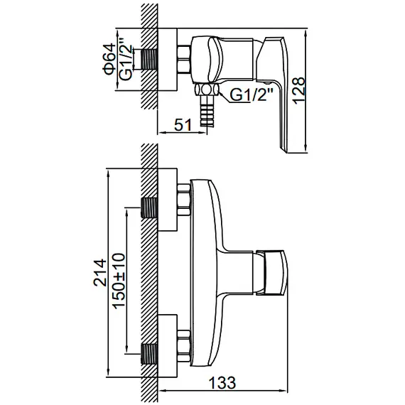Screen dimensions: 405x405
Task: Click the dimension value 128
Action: tap(299, 90)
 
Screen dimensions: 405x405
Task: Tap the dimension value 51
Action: tap(183, 125)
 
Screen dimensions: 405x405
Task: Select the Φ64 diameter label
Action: tap(109, 59)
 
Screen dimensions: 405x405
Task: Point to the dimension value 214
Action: tap(100, 273)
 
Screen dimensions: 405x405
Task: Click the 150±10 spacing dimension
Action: tap(119, 281)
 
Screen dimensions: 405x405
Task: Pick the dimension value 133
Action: tap(222, 382)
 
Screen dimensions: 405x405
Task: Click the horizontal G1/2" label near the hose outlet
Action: tap(252, 94)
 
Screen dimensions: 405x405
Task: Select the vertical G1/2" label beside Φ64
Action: tap(126, 60)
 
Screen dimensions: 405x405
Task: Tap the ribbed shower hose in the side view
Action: tap(207, 111)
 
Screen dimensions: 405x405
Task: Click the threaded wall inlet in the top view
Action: tap(149, 59)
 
